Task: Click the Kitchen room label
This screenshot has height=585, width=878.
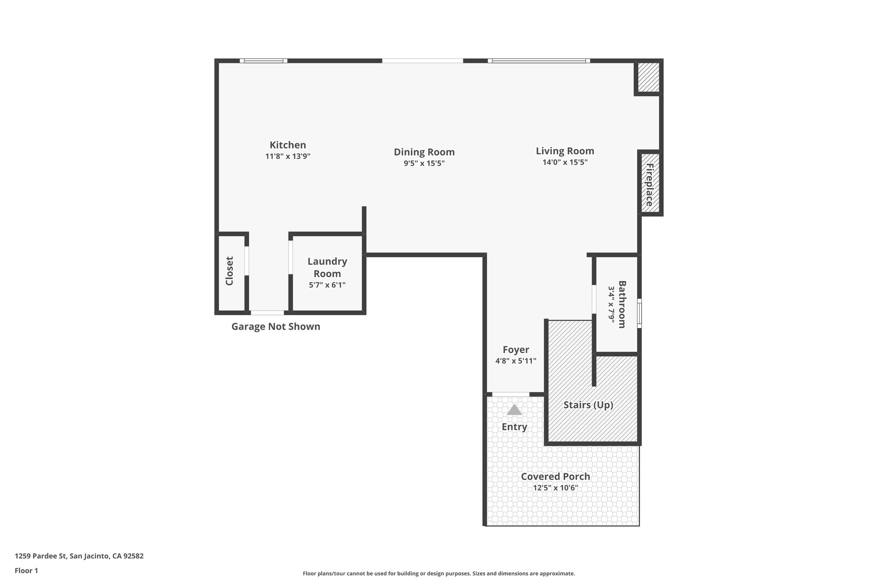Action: [288, 145]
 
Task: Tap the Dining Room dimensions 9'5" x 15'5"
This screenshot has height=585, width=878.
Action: [424, 163]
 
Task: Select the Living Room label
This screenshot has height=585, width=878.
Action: [565, 151]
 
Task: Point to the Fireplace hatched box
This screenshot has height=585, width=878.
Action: [649, 184]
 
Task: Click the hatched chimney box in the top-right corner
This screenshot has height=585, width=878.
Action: [648, 77]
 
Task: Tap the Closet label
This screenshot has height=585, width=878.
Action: [229, 271]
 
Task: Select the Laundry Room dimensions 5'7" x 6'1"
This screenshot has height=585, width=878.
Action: [327, 285]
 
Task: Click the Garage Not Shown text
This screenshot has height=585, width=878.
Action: [276, 327]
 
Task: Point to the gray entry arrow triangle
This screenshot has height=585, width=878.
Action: [514, 410]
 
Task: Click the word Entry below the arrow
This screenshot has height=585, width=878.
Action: [514, 427]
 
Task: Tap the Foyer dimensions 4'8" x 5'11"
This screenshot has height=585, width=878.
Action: [516, 361]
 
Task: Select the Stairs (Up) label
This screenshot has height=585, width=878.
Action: [588, 405]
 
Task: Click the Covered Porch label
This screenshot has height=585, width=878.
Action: [555, 476]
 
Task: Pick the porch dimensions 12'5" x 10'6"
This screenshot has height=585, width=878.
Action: [555, 488]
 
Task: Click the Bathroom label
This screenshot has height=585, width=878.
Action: [622, 304]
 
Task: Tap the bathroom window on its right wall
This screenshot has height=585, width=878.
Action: [639, 313]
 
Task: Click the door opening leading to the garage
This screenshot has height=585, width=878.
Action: [267, 313]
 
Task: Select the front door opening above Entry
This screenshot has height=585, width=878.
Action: [511, 394]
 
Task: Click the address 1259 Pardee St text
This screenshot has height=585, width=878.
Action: [79, 556]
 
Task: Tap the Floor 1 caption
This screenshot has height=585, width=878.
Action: [26, 570]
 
